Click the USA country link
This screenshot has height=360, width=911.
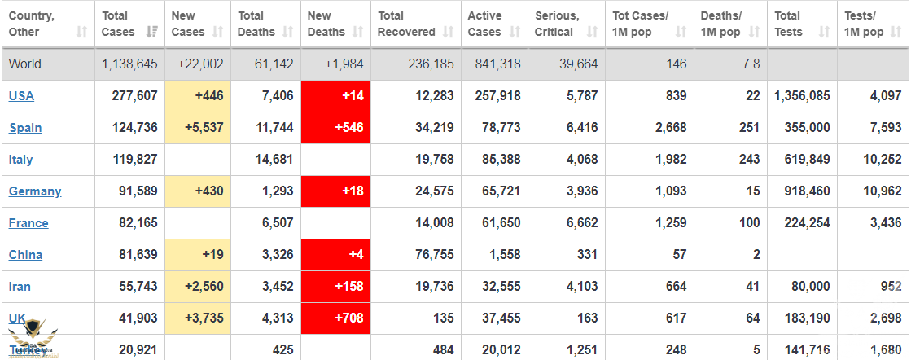[x=21, y=96]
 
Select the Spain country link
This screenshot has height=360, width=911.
[x=25, y=128]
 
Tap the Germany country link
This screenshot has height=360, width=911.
[x=35, y=191]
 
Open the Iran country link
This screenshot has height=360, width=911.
[x=20, y=287]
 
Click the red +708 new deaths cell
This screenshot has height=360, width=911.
[x=336, y=318]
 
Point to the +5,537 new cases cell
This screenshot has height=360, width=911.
[x=198, y=128]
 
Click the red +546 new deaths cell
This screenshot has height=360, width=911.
[x=336, y=128]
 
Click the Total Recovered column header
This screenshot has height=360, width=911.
[x=407, y=24]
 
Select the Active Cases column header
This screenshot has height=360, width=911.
[x=484, y=24]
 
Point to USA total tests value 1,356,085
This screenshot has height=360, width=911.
[x=802, y=96]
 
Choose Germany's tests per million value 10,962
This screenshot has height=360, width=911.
[x=878, y=191]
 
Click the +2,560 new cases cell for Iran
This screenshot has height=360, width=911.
[x=198, y=287]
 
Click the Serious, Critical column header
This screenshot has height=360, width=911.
[x=557, y=24]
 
